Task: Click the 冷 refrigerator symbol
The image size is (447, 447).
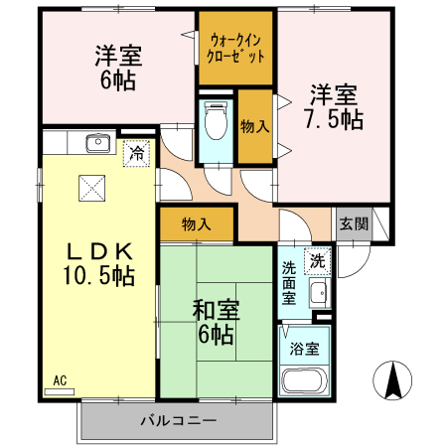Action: pyautogui.click(x=135, y=153)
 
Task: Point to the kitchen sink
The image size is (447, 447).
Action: pyautogui.click(x=97, y=144)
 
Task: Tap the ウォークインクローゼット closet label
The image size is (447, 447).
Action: pyautogui.click(x=237, y=48)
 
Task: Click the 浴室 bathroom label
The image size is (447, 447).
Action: pyautogui.click(x=304, y=350)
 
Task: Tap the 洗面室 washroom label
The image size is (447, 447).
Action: pyautogui.click(x=288, y=283)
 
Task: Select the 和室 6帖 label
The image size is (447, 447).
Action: pyautogui.click(x=215, y=323)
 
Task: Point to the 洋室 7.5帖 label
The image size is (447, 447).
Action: pyautogui.click(x=334, y=108)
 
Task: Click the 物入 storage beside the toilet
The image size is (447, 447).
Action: pyautogui.click(x=255, y=126)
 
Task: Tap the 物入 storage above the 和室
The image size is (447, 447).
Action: pyautogui.click(x=196, y=224)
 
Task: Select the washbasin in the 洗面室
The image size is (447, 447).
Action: pyautogui.click(x=319, y=294)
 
